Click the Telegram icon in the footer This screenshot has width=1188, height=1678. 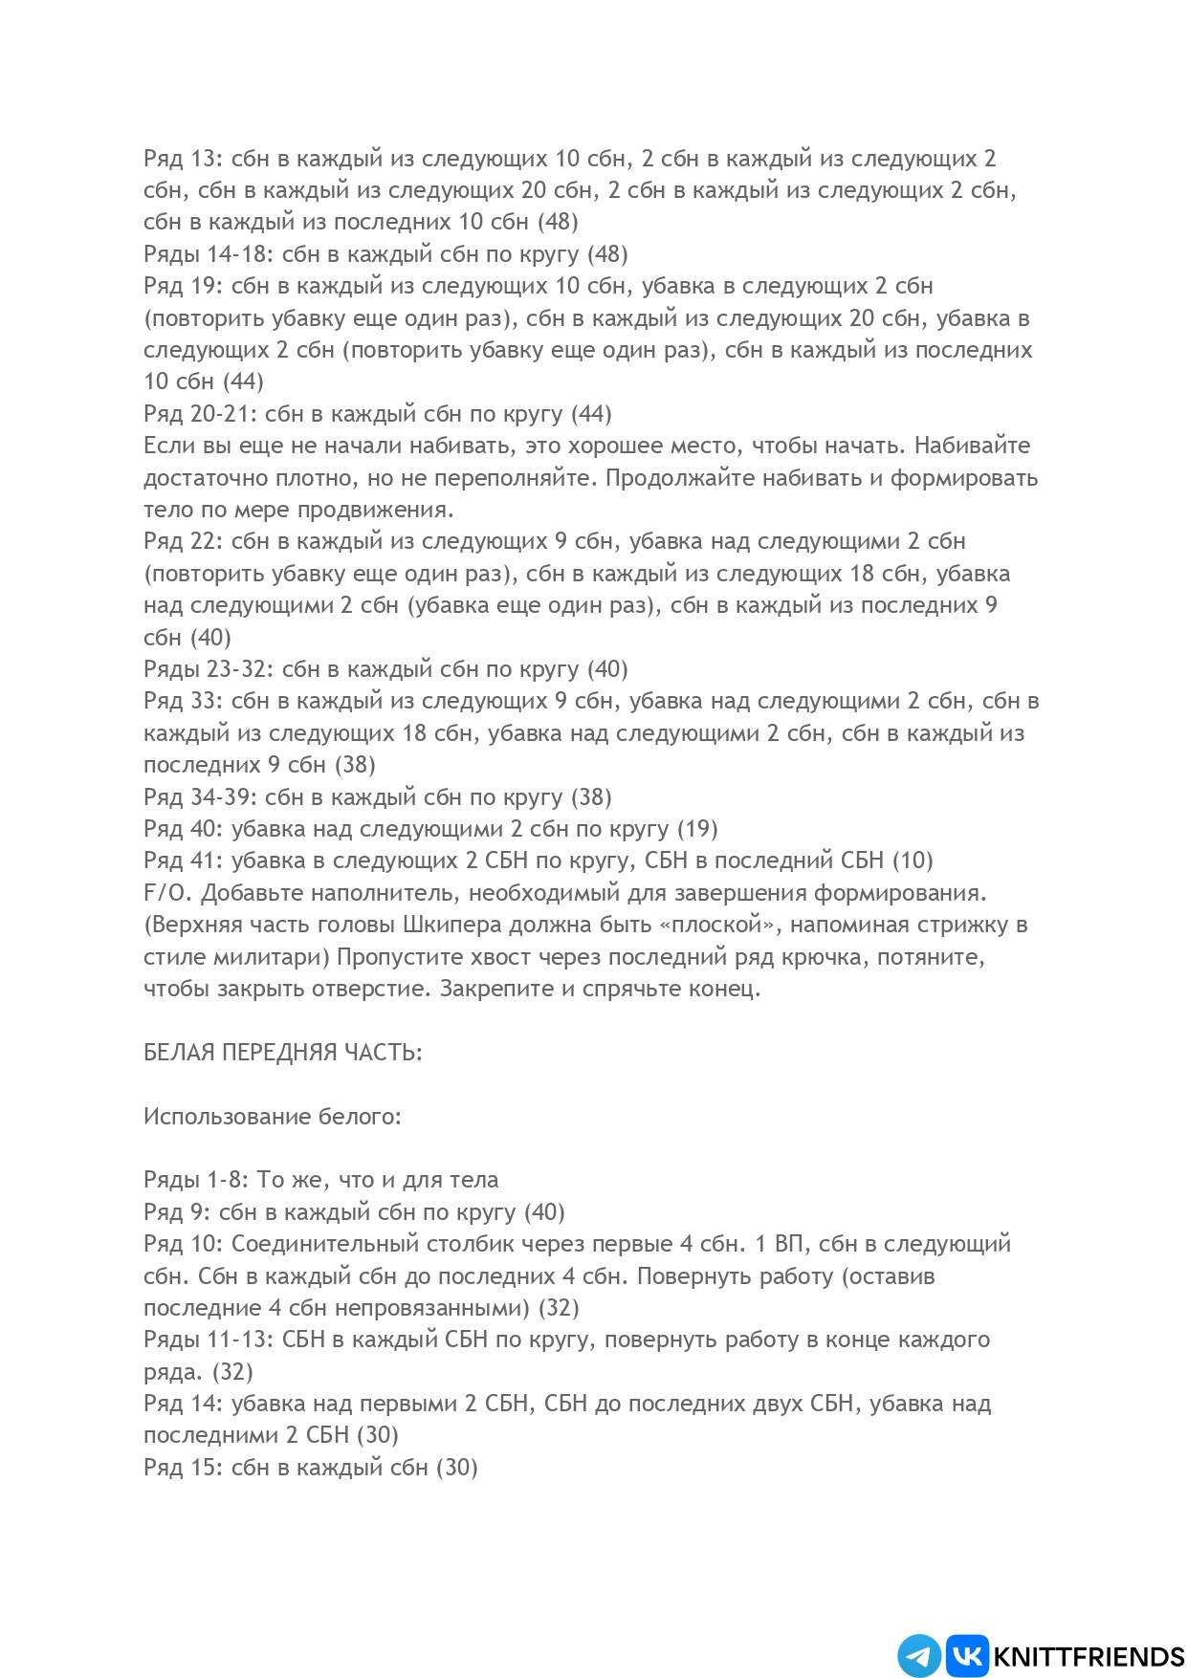[918, 1656]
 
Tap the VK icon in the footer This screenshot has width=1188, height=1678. [967, 1656]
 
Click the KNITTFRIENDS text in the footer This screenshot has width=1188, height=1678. [1089, 1657]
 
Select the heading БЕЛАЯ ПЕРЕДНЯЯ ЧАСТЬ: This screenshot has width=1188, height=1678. [282, 1053]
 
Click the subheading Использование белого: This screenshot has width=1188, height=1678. [273, 1117]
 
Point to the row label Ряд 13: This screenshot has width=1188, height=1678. [183, 159]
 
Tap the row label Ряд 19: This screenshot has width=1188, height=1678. [183, 286]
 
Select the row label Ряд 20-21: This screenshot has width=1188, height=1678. [200, 414]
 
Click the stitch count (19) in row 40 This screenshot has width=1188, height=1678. [697, 829]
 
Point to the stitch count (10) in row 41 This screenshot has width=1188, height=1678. [913, 861]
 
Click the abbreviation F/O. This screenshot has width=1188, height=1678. [167, 893]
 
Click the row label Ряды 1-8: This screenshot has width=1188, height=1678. [196, 1180]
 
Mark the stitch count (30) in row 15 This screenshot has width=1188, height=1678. [457, 1468]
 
